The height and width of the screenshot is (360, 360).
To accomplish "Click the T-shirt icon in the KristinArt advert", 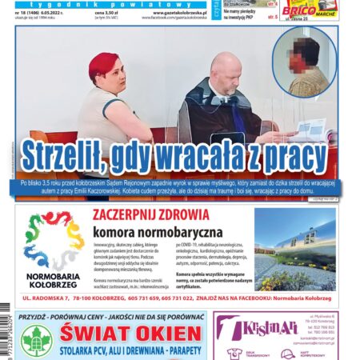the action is (235, 353).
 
